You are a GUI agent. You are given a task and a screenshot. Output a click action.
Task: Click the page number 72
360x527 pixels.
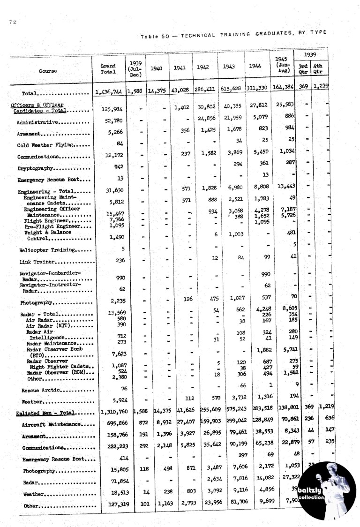point(13,22)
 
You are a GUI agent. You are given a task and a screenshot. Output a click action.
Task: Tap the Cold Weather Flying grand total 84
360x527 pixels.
point(120,143)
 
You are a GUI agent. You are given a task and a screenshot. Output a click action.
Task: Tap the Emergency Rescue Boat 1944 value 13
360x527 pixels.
point(266,175)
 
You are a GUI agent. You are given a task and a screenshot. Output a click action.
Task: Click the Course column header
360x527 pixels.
point(48,71)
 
